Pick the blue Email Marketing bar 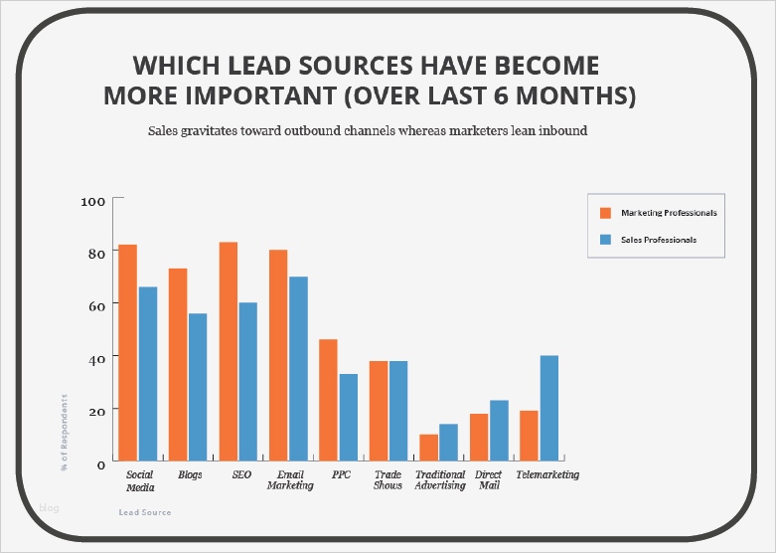point(298,367)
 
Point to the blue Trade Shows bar point(398,410)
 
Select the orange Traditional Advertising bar point(429,447)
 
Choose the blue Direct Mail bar point(499,430)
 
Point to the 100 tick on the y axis point(92,201)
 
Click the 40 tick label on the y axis point(96,357)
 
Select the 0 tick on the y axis point(100,463)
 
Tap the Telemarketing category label point(547,475)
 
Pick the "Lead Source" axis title point(144,513)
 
